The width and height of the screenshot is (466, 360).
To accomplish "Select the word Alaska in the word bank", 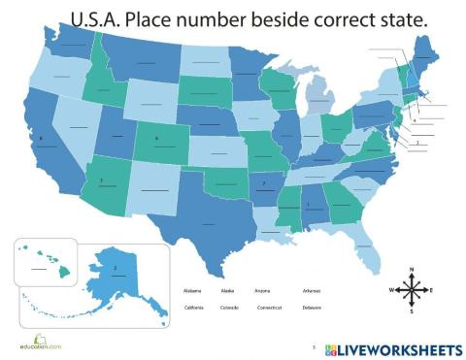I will click(228, 290).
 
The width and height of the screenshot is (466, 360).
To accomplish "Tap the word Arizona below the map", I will click(263, 290).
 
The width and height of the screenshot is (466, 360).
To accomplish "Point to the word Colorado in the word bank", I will click(229, 308).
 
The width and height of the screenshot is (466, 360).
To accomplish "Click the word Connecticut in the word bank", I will click(270, 308).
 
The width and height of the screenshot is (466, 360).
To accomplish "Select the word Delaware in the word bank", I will click(312, 308).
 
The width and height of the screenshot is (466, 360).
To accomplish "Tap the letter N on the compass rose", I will click(412, 269).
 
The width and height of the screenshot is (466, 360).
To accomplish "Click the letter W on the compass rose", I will click(391, 290).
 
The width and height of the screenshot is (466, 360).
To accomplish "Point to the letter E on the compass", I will click(432, 290).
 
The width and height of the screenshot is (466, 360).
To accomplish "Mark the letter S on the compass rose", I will click(412, 311).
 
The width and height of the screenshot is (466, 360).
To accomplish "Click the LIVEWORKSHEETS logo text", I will click(400, 347).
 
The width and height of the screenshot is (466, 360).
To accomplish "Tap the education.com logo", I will click(40, 344).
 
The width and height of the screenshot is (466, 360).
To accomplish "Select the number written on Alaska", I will click(116, 266).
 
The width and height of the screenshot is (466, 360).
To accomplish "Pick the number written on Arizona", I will click(102, 180).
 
